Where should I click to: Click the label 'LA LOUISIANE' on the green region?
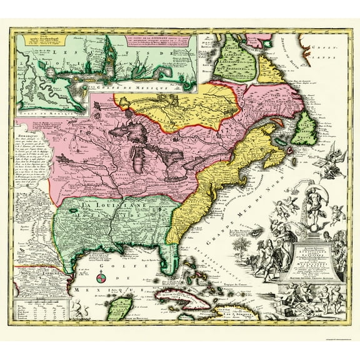click(x=101, y=204)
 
